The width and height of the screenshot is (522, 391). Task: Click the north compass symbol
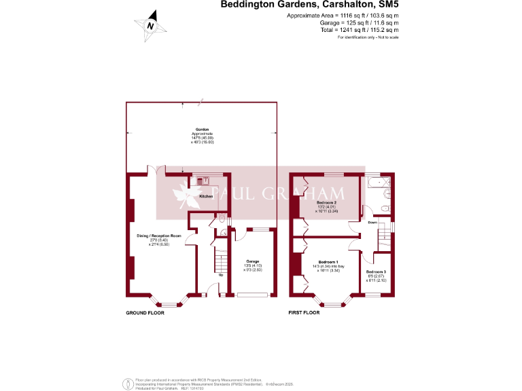[151, 24]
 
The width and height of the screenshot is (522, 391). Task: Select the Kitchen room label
[206, 196]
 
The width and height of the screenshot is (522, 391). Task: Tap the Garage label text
[252, 260]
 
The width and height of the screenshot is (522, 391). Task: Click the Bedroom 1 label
[328, 262]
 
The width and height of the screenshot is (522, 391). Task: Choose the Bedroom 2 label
[327, 202]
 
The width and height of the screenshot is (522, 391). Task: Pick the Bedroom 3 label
[375, 272]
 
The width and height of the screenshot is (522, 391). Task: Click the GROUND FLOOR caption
[145, 313]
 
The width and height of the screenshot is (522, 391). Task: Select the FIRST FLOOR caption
[304, 313]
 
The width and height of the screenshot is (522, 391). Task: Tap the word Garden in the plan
[202, 129]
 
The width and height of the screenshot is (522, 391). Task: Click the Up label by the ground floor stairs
[221, 275]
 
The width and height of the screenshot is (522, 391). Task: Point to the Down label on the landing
[372, 222]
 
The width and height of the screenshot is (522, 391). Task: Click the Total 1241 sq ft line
[359, 30]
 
